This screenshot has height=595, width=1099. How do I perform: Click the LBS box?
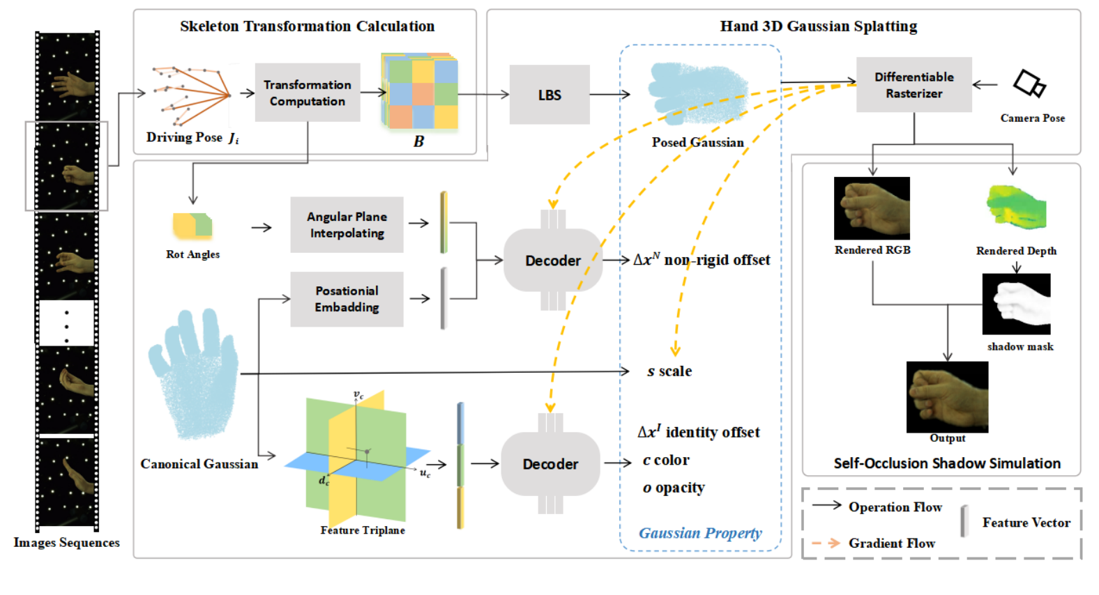[549, 95]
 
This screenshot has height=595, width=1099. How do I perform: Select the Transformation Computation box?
[308, 93]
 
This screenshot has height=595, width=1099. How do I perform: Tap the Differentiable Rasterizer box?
[914, 85]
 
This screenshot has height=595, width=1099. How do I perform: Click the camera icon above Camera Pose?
[1029, 84]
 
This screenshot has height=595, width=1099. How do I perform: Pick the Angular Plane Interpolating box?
[347, 224]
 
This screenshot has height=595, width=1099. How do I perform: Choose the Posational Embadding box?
[347, 299]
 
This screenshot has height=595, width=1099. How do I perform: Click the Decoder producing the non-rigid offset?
[553, 260]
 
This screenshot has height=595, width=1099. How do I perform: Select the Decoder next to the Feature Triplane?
[550, 464]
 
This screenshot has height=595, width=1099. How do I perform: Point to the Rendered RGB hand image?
[872, 208]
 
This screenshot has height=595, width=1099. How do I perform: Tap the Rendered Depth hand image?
[1016, 207]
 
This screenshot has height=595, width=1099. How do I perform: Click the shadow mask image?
[1016, 304]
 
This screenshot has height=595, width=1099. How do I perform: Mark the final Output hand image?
[947, 396]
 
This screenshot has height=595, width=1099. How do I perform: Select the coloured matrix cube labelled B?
[420, 91]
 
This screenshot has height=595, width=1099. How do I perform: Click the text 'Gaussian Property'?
[700, 533]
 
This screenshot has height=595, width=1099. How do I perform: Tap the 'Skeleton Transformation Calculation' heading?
[307, 26]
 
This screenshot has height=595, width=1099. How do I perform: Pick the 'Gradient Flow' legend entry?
[891, 543]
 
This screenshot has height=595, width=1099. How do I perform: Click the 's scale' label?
[669, 371]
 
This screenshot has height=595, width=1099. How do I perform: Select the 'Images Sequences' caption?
[66, 543]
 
